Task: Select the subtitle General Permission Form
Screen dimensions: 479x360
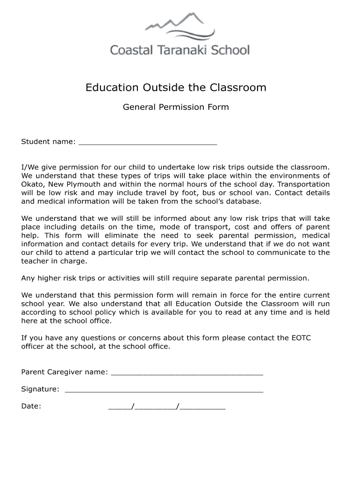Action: pos(176,107)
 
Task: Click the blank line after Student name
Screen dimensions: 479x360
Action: pos(148,142)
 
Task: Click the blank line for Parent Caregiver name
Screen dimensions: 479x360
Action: pos(187,373)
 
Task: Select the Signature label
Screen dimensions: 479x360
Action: pos(40,389)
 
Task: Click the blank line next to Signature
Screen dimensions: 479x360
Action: pos(164,390)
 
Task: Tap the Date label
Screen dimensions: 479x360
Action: pos(31,406)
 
